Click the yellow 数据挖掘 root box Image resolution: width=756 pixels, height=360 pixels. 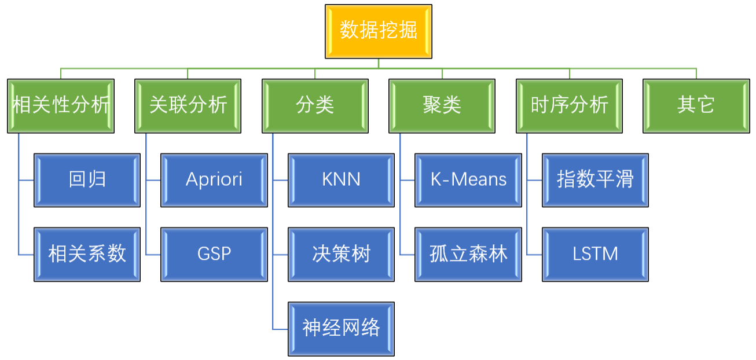tap(378, 31)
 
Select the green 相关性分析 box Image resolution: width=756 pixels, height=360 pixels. tap(61, 106)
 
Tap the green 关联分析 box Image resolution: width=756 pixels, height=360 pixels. tap(188, 106)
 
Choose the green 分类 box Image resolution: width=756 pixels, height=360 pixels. tap(315, 106)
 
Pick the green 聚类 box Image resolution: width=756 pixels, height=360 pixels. tap(442, 106)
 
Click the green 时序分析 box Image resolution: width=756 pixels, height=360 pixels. tap(569, 106)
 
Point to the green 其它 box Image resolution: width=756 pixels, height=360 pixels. tap(696, 106)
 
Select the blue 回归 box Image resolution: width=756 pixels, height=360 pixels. tap(87, 180)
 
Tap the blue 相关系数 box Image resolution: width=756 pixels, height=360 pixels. tap(87, 254)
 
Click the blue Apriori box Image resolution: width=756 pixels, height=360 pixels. tap(214, 180)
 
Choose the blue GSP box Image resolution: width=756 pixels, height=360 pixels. tap(214, 254)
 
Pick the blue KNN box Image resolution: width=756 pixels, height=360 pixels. tap(341, 180)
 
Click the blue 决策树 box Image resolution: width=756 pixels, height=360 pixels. tap(341, 254)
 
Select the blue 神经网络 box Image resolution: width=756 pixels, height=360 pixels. tap(341, 328)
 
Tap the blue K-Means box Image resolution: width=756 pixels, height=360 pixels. tap(468, 180)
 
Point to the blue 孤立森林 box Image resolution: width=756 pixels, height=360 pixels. tap(468, 254)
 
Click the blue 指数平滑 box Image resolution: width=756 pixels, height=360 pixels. tap(595, 180)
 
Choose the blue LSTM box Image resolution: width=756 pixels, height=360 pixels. tap(595, 254)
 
